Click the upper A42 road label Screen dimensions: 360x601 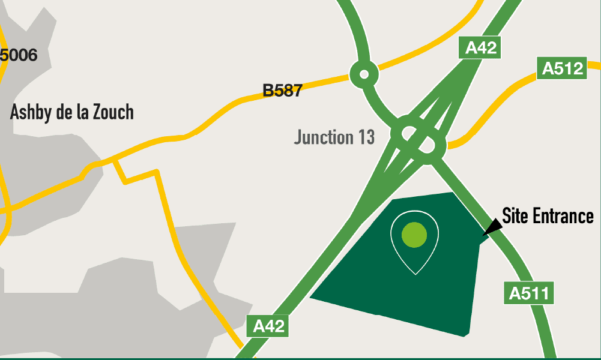[x=480, y=47]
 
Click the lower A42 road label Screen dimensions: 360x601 [x=268, y=326]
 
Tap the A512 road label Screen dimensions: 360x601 [x=563, y=68]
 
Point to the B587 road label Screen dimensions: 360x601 [x=282, y=91]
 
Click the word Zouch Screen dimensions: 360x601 [x=113, y=112]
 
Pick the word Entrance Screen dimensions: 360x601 [x=564, y=216]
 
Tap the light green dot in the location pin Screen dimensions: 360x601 [x=414, y=234]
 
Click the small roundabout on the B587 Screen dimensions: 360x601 [x=364, y=75]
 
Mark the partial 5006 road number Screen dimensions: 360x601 [x=19, y=56]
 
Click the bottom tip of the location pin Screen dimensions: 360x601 [x=415, y=274]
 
